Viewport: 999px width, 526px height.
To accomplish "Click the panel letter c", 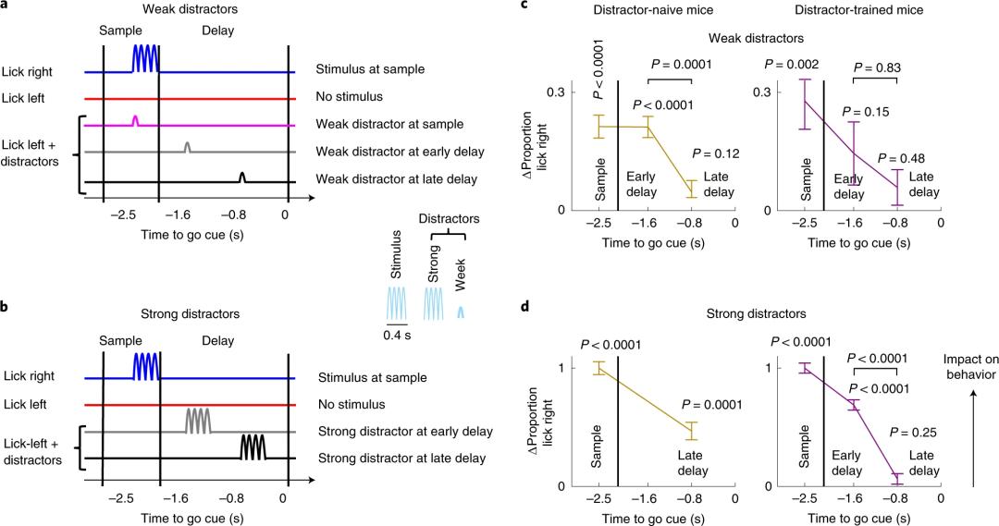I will [x=524, y=6].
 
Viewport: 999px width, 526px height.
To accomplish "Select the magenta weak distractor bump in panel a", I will [x=136, y=120].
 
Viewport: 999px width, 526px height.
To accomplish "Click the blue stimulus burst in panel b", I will [x=146, y=363].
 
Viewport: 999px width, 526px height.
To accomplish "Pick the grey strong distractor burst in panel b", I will [x=198, y=420].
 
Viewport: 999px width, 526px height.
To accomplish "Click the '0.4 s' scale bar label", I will [x=397, y=335].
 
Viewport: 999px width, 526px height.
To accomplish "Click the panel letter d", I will [x=524, y=305].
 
